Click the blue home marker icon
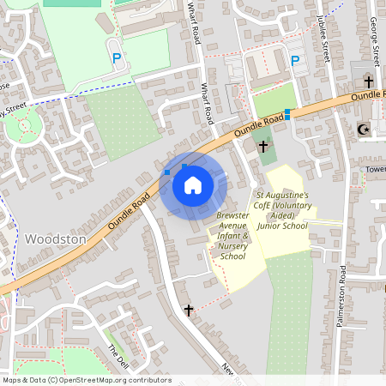click(193, 185)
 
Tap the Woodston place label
click(56, 238)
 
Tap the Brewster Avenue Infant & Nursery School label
click(232, 235)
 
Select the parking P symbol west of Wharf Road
click(116, 57)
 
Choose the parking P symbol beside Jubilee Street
click(294, 61)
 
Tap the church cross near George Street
click(369, 81)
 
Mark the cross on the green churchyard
click(262, 147)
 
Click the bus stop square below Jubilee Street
click(287, 113)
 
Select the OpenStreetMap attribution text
click(86, 380)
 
